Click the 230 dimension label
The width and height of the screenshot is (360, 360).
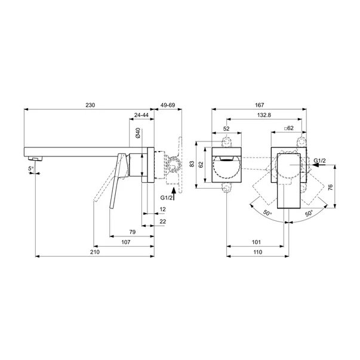(90, 105)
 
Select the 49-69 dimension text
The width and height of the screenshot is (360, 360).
(168, 105)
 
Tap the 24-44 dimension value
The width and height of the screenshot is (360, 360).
(141, 115)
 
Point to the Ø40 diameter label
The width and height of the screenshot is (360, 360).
(138, 133)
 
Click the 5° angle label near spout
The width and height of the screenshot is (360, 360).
(31, 169)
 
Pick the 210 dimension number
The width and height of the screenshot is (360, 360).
(95, 252)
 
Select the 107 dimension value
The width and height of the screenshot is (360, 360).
(126, 242)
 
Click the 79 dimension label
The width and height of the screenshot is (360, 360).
(133, 232)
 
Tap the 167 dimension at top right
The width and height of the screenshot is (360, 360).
(260, 105)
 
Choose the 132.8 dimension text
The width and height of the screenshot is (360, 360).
(264, 115)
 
